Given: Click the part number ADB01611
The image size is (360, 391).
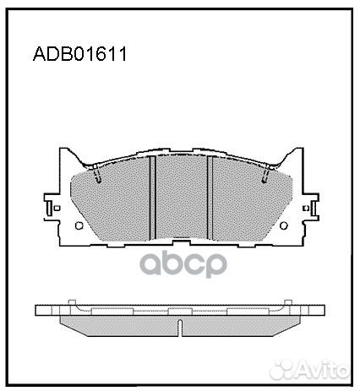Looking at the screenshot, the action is [80, 54].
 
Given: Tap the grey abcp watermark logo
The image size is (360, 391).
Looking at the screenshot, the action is [183, 263].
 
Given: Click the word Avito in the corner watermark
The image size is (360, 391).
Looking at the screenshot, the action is [322, 368].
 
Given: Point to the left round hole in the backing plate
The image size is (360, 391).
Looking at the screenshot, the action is [79, 225].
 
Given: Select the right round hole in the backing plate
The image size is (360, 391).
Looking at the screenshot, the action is [283, 225].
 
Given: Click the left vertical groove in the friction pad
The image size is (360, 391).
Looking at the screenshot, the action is [152, 198].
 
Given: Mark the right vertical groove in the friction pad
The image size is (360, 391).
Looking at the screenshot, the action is [210, 198].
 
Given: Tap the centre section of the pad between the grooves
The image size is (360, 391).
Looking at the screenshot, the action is [182, 197].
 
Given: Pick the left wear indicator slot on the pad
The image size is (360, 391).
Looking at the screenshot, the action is [97, 174].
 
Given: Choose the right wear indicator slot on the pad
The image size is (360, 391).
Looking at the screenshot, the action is [265, 174].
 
